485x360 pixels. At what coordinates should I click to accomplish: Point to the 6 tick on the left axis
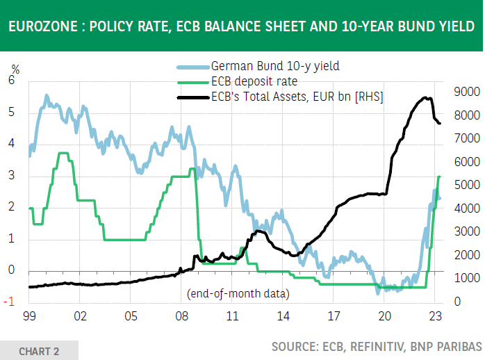(x=12, y=80)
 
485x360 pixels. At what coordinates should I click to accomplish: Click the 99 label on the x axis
(x=29, y=316)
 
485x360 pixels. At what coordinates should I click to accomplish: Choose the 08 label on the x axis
(x=181, y=316)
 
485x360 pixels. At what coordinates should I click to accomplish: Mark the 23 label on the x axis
(x=435, y=316)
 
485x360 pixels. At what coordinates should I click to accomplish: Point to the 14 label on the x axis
(x=283, y=316)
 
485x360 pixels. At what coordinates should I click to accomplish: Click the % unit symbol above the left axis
(x=15, y=69)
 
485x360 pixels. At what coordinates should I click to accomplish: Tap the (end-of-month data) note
(x=238, y=293)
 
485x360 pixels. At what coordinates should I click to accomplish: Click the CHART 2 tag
(x=39, y=350)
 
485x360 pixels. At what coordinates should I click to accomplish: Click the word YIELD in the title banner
(x=456, y=27)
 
